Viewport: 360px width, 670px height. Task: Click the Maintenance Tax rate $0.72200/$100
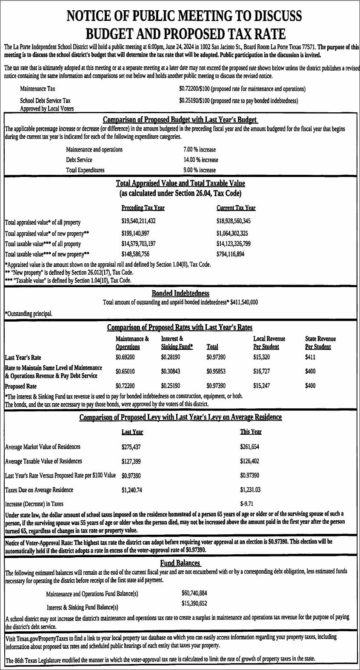(x=194, y=89)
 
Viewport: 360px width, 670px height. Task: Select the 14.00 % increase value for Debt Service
(x=200, y=160)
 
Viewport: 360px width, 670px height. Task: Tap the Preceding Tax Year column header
(x=143, y=208)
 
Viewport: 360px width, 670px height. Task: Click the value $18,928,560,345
(x=233, y=221)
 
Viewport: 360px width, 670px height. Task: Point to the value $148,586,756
(x=135, y=254)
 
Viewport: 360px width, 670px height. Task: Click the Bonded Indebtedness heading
(x=180, y=294)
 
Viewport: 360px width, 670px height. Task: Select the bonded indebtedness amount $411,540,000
(x=244, y=302)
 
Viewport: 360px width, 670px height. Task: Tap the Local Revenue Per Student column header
(x=269, y=343)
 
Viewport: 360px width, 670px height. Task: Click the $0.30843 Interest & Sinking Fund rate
(x=170, y=371)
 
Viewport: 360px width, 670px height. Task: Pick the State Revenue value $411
(x=310, y=357)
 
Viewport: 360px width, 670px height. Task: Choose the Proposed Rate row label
(x=20, y=386)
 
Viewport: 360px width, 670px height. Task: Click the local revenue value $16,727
(x=261, y=371)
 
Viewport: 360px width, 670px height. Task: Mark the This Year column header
(x=251, y=432)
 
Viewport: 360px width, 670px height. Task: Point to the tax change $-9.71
(x=247, y=504)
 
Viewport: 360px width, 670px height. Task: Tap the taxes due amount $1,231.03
(x=250, y=490)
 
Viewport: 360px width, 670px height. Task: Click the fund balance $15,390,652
(x=194, y=604)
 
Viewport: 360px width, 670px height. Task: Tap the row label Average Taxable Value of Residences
(x=43, y=462)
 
